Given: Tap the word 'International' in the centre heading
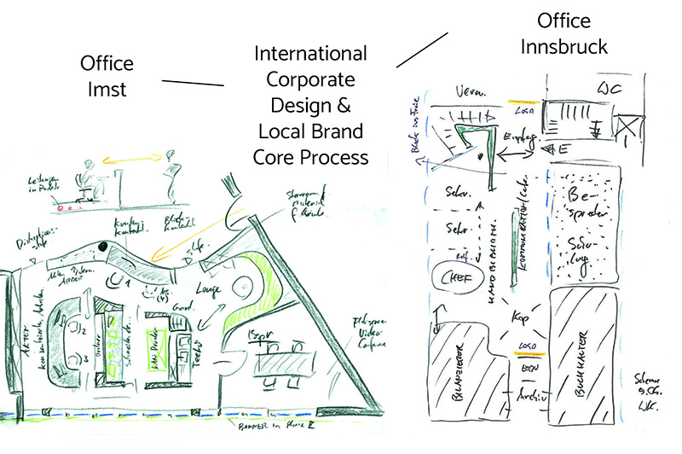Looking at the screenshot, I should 312,55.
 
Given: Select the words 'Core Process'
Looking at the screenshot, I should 312,157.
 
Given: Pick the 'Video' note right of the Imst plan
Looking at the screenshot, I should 365,333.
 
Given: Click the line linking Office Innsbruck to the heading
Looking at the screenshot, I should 423,49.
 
